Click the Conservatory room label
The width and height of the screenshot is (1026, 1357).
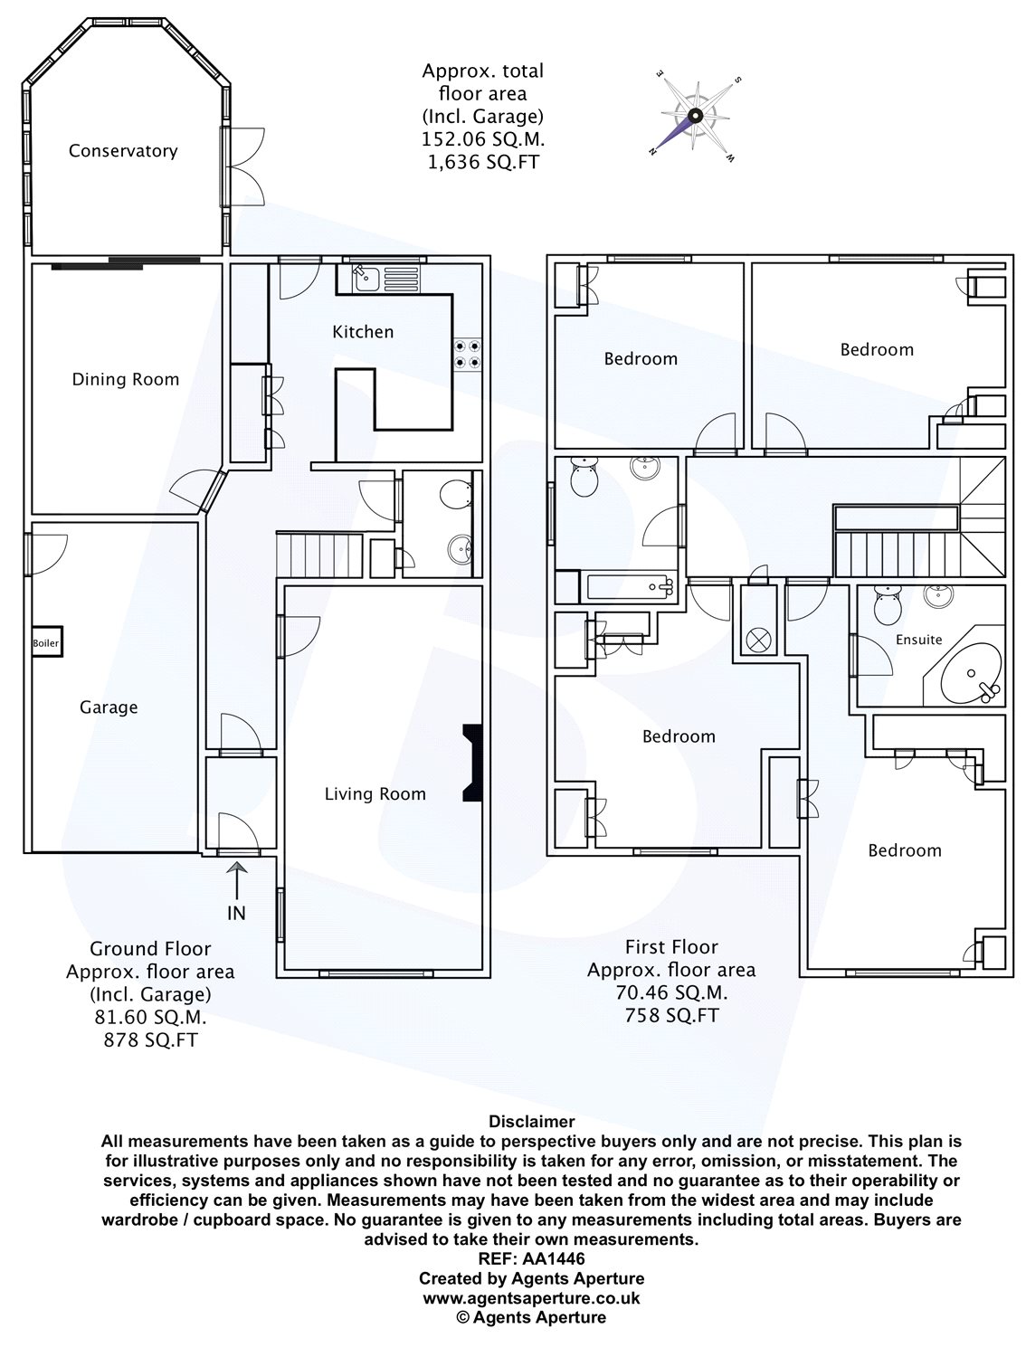click(123, 151)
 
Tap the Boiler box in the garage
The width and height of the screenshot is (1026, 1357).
click(47, 643)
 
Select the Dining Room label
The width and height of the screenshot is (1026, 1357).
click(126, 379)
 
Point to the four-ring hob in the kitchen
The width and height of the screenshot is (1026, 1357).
click(468, 355)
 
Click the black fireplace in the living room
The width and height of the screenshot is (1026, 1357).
click(472, 763)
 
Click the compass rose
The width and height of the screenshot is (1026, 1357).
click(696, 116)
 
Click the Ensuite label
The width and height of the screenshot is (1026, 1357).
click(918, 640)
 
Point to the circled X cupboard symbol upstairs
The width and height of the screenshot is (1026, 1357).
click(758, 640)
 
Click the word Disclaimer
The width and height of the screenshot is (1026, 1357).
click(531, 1121)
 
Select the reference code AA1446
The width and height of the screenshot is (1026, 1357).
click(554, 1258)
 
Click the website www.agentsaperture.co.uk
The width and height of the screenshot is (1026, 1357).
click(531, 1297)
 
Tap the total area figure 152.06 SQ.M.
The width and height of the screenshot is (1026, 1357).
click(483, 138)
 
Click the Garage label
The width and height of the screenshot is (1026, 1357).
click(109, 707)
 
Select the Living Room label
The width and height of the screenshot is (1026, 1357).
click(375, 793)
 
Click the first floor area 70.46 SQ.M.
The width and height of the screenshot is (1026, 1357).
click(671, 992)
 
